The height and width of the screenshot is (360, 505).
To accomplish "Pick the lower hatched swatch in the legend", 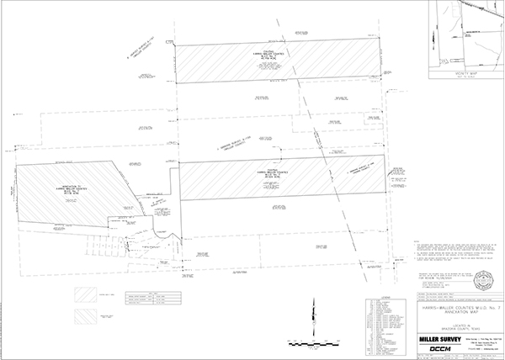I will point(86,316).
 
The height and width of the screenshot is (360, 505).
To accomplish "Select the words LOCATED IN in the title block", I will point(454,320).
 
